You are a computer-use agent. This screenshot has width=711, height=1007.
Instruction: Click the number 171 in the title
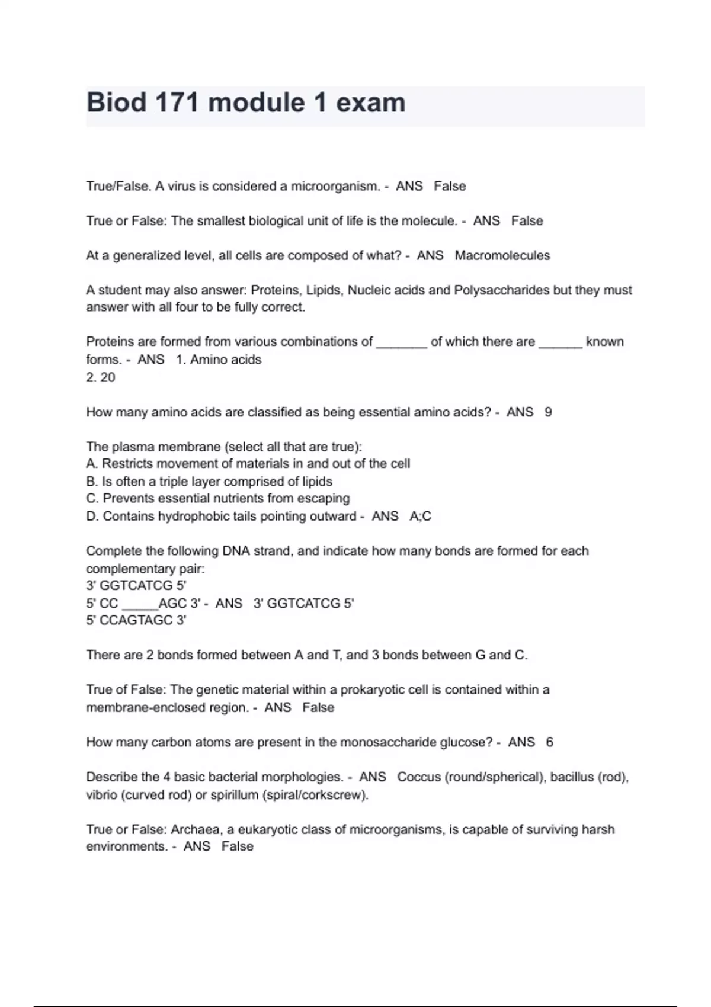[x=177, y=102]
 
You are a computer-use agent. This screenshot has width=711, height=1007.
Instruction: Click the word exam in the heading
[x=371, y=102]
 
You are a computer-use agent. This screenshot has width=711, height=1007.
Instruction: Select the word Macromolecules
[x=502, y=255]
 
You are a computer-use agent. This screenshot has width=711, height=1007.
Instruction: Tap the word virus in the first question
[x=181, y=186]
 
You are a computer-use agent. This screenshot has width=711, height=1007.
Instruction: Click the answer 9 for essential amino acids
[x=548, y=412]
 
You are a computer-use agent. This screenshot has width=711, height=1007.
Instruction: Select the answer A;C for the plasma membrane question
[x=420, y=516]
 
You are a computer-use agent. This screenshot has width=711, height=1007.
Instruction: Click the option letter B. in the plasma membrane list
[x=92, y=481]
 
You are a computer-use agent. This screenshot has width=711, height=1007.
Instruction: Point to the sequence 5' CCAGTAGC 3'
[x=136, y=620]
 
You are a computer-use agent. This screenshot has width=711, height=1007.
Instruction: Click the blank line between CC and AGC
[x=139, y=604]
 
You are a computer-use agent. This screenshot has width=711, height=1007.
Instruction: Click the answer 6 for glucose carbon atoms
[x=549, y=742]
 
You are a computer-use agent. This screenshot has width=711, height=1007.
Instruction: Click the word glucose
[x=462, y=742]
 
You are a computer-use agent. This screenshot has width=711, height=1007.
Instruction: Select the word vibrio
[x=101, y=794]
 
